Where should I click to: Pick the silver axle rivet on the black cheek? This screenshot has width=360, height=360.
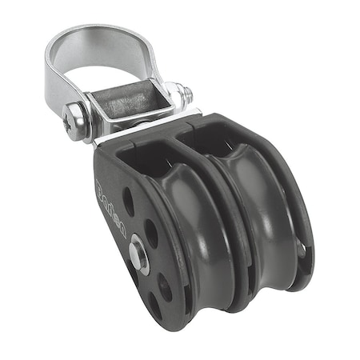pos(138,258)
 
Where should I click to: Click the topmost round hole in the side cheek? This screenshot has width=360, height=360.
pos(128,199)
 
